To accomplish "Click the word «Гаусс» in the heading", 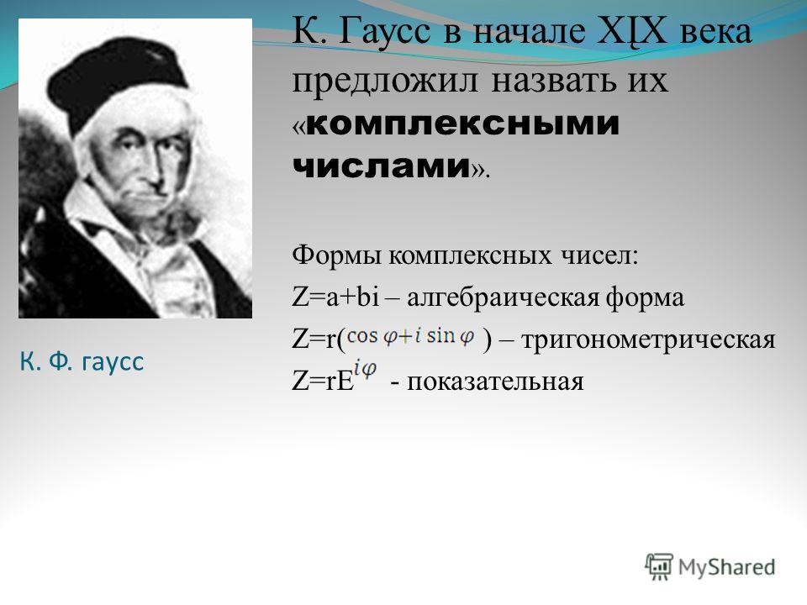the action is [384, 31].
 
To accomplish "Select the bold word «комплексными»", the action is [463, 124].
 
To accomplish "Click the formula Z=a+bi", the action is [335, 297].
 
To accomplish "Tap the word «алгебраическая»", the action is [503, 298].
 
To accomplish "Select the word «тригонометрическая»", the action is [648, 340].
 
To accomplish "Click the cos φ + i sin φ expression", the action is [411, 336].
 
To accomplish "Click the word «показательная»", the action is [495, 382].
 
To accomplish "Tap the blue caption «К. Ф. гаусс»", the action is [82, 361].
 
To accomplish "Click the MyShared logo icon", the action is [659, 567].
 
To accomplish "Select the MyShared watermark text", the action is [726, 567].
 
